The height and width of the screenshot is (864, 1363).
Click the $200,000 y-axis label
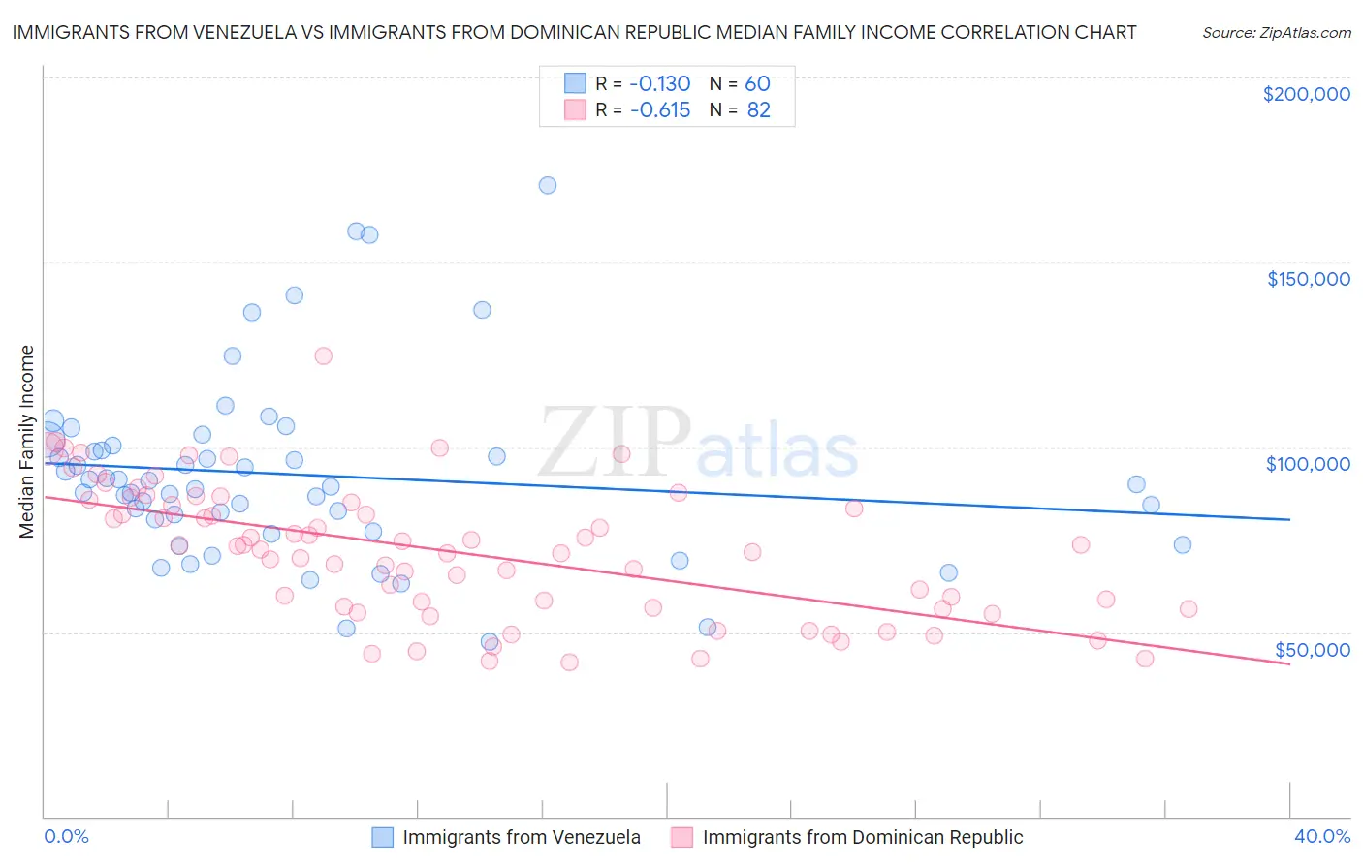1306,94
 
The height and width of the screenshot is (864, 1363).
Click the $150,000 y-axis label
1308,279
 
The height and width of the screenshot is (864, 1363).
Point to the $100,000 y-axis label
1308,464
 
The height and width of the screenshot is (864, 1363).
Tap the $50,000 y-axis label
1312,649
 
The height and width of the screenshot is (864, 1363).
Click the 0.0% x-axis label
67,836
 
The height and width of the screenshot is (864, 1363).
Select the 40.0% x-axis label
1322,836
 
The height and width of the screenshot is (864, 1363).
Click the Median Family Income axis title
26,442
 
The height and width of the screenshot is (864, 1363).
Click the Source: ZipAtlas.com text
1276,33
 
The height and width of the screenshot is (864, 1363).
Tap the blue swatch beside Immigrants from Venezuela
383,837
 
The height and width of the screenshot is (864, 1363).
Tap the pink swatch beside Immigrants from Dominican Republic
682,837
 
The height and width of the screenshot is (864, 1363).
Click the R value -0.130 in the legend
659,84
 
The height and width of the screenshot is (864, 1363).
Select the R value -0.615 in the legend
659,110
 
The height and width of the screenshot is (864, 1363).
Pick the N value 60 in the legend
757,84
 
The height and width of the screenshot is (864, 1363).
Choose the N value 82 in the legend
758,110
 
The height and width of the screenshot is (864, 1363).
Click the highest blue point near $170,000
548,185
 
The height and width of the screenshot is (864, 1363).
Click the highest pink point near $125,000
324,355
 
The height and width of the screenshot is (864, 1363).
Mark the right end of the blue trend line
1289,519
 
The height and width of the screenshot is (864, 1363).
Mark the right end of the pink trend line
1289,664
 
